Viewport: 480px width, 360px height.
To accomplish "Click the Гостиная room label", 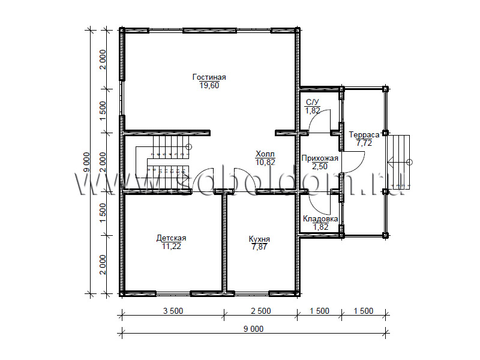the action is click(209, 77).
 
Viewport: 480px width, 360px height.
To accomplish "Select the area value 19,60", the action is click(209, 85).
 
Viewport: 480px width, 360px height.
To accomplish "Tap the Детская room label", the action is click(171, 238).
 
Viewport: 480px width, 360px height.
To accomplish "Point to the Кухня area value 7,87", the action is click(259, 247).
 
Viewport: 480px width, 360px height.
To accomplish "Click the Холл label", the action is click(265, 154).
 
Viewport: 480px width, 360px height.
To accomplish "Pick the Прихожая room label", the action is click(320, 158).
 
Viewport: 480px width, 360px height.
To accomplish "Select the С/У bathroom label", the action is click(313, 102).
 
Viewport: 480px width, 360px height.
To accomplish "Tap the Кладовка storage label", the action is click(320, 218).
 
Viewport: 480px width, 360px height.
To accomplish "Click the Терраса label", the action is click(364, 134).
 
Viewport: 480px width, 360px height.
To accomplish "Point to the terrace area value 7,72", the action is click(364, 143).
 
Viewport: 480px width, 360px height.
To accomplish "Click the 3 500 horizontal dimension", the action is click(173, 311).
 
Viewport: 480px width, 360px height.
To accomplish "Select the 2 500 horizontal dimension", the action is click(261, 311).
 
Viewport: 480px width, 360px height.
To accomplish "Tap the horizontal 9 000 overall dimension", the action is click(253, 329).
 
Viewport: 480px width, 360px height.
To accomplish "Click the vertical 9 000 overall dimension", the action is click(86, 162).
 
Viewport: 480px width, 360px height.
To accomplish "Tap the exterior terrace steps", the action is click(398, 162).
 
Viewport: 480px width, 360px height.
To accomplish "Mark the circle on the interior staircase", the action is click(189, 146).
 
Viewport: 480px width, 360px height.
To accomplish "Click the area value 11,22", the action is click(172, 246).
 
